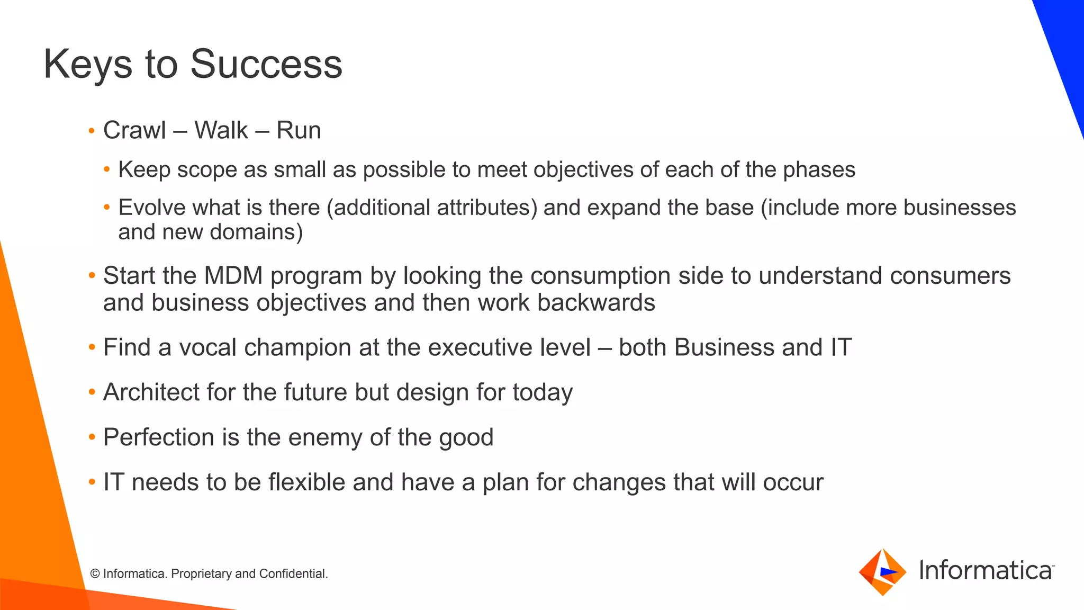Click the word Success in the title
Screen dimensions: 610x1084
tap(266, 64)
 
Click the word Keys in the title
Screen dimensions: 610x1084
tap(87, 64)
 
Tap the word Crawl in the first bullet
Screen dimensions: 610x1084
tap(134, 130)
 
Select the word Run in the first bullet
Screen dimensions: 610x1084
tap(299, 130)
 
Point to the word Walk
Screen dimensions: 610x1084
tap(221, 130)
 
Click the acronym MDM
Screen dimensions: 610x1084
tap(233, 276)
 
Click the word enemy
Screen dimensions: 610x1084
tap(325, 437)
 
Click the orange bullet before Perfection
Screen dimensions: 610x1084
tap(92, 437)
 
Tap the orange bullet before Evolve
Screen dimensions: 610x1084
tap(107, 208)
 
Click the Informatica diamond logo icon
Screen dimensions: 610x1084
tap(882, 572)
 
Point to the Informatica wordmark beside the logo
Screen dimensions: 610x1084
tap(986, 571)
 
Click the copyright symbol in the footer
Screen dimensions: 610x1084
tap(95, 574)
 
